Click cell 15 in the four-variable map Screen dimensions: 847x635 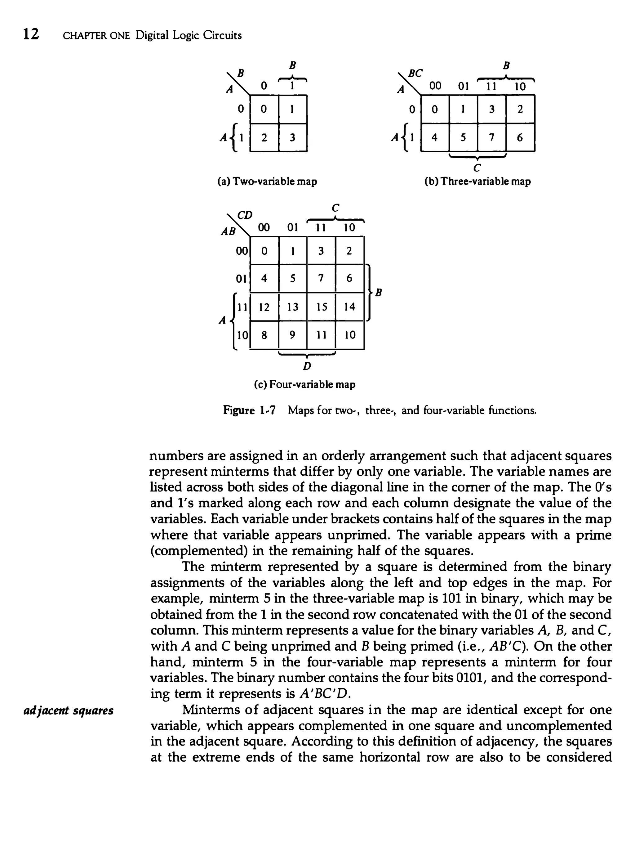pos(321,307)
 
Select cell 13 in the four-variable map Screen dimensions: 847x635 pos(293,307)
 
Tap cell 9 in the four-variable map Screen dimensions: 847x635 pos(293,335)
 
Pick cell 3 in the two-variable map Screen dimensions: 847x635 pos(293,137)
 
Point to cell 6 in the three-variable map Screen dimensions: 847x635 pos(520,137)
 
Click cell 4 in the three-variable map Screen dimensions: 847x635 pos(434,137)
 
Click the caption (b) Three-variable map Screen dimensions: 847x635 pos(477,181)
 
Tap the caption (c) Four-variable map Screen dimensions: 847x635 pos(305,384)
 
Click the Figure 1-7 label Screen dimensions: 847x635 pos(249,411)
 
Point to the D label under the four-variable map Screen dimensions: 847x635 pos(307,366)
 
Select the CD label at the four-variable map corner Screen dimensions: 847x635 pos(245,216)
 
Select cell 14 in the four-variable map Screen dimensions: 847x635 pos(349,307)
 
